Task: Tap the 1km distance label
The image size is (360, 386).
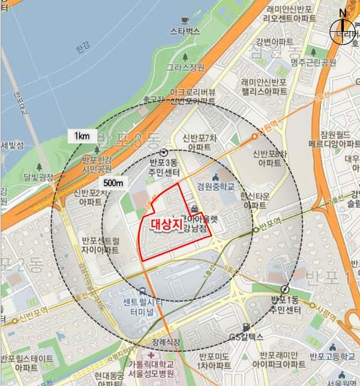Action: (82, 136)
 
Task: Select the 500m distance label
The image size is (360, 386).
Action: (113, 182)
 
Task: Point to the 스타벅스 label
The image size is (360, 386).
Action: (185, 29)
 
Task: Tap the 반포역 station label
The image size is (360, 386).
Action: (271, 229)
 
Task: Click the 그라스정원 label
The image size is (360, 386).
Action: (186, 68)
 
